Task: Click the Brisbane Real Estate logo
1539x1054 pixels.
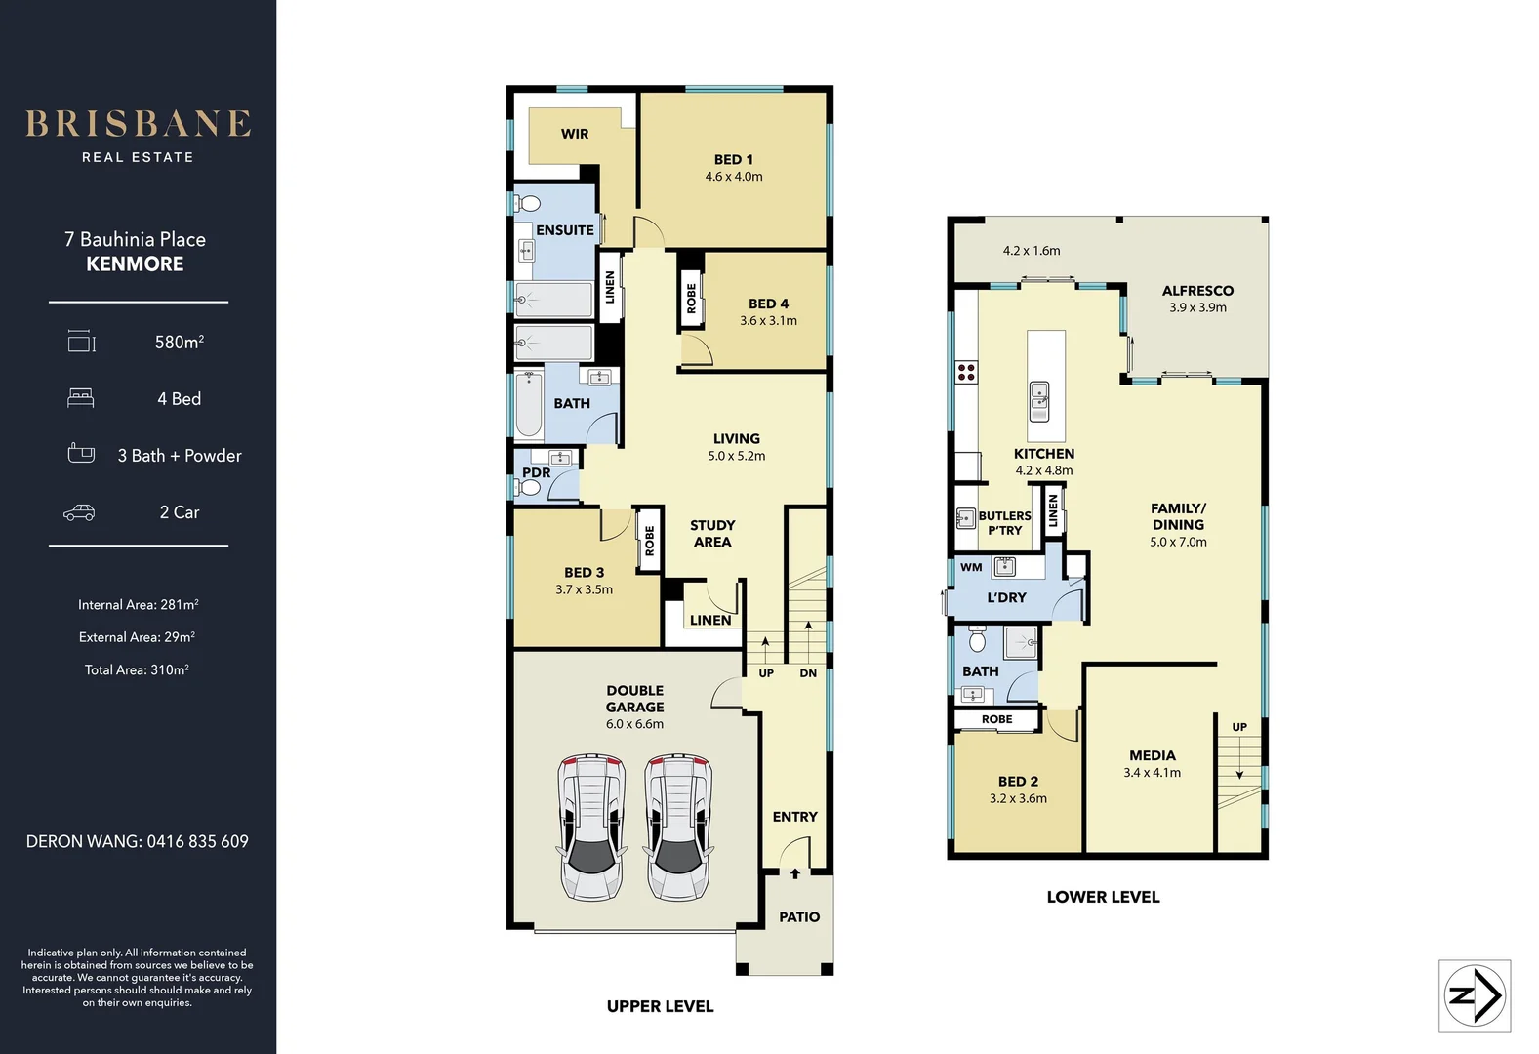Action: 138,135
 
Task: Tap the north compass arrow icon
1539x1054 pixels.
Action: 1475,995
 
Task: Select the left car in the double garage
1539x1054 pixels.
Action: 591,827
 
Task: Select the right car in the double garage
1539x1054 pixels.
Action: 678,827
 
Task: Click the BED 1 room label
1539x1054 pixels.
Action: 733,159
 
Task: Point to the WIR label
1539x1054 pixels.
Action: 575,134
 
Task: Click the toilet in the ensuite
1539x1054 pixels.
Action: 527,203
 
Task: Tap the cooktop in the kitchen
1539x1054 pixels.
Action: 966,371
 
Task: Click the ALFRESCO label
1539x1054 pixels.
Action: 1197,291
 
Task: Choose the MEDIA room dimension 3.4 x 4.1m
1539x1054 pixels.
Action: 1152,773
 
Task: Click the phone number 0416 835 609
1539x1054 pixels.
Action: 197,841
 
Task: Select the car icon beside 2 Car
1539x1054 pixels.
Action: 79,512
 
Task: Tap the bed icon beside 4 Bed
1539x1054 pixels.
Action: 80,398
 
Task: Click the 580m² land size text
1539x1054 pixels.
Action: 179,342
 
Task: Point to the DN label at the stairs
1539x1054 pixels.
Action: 808,673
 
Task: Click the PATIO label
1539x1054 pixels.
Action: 799,916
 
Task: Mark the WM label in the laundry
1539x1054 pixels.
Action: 971,567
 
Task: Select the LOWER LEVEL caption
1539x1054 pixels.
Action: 1103,897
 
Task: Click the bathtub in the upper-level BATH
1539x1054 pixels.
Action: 529,404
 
